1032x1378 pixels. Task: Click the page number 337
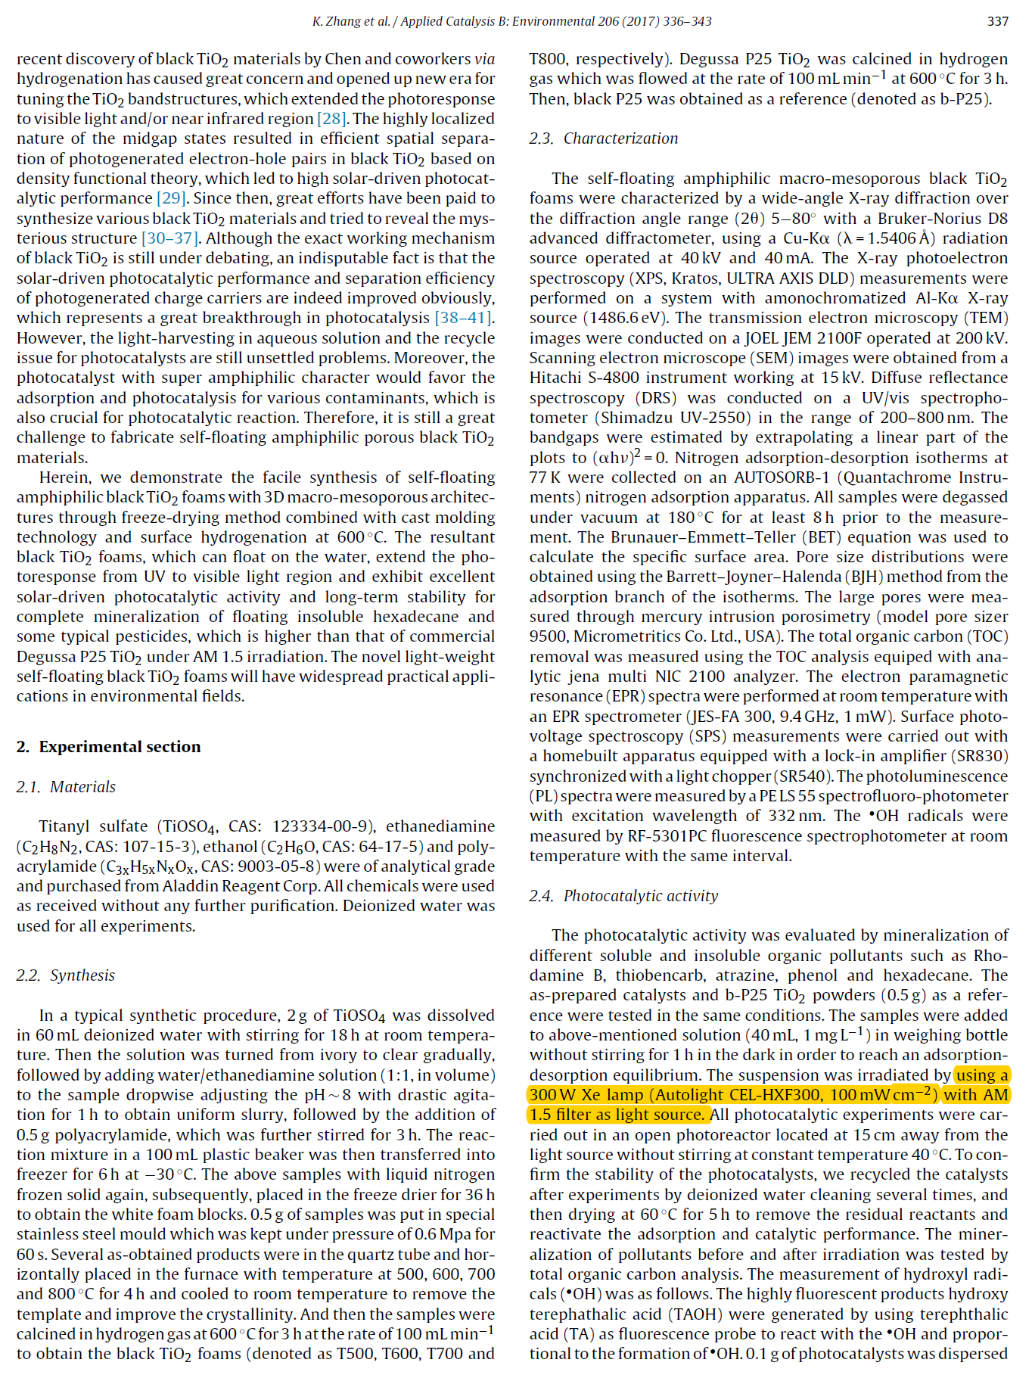[997, 21]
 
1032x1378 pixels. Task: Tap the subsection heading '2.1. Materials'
[66, 787]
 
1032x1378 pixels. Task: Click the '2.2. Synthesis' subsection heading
[66, 975]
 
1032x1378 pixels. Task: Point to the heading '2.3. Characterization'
[603, 138]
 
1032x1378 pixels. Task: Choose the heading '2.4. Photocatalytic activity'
[623, 896]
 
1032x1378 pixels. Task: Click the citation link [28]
[331, 119]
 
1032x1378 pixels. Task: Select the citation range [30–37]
[171, 238]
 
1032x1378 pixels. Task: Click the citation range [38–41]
[463, 318]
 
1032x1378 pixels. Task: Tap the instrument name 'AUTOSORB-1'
[782, 477]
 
